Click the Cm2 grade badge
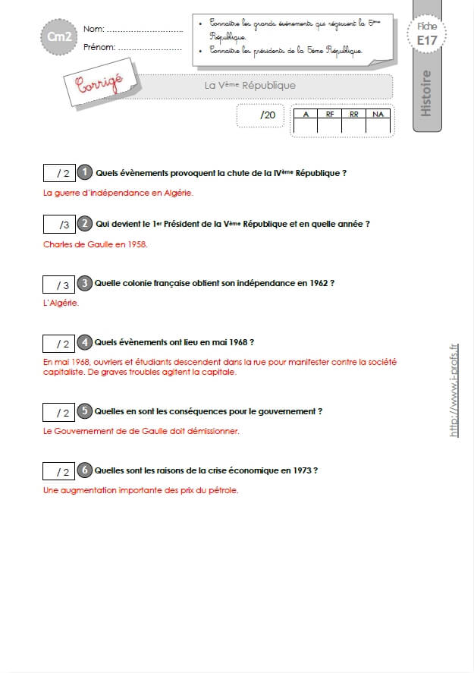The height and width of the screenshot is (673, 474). pos(59,36)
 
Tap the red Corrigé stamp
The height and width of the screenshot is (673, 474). pos(100,83)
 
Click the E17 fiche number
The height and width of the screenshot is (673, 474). pos(427,40)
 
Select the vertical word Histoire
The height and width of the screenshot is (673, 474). pos(425,93)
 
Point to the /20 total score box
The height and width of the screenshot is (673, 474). pos(260,115)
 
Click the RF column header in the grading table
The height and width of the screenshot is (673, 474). pos(329,114)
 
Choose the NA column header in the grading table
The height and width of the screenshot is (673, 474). pos(378,114)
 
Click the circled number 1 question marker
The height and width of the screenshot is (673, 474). pos(85,172)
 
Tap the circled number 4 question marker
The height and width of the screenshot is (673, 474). pos(84,342)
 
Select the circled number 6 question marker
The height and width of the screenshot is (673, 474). pos(84,470)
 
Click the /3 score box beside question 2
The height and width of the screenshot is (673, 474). pos(59,224)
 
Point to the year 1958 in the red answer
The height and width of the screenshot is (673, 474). pos(137,244)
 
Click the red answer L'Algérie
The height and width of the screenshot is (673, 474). pos(61,303)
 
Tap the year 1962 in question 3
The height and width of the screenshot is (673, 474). pos(319,283)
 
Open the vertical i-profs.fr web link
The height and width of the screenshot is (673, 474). pos(454,390)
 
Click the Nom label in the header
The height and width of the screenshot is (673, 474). pos(94,29)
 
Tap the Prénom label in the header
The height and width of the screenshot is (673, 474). pos(99,47)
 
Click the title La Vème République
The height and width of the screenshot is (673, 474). pos(250,85)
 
